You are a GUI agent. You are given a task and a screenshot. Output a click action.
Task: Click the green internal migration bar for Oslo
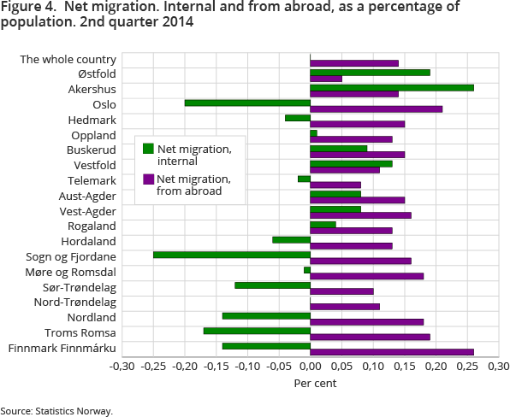(247, 103)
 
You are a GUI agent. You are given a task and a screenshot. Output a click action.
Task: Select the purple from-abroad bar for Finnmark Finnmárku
(391, 352)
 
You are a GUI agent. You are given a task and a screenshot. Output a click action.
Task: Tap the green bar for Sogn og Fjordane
(231, 255)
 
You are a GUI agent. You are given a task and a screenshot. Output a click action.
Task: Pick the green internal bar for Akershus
(391, 87)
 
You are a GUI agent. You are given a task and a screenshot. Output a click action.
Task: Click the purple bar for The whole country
(353, 63)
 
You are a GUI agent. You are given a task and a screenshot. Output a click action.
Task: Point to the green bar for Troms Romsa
(257, 331)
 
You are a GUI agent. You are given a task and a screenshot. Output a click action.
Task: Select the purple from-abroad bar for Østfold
(325, 79)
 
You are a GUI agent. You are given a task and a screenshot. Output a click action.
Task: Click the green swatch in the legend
(148, 149)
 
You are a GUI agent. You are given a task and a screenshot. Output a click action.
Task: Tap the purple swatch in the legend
(148, 179)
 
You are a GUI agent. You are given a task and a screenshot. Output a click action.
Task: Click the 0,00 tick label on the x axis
(310, 367)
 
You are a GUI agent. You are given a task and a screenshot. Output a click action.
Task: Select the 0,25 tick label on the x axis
(466, 367)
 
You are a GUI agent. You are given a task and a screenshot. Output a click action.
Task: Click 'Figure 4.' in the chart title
(26, 8)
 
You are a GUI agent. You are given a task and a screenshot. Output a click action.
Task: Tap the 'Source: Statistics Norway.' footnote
(56, 411)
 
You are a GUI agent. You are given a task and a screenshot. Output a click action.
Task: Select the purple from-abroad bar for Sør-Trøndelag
(341, 291)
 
